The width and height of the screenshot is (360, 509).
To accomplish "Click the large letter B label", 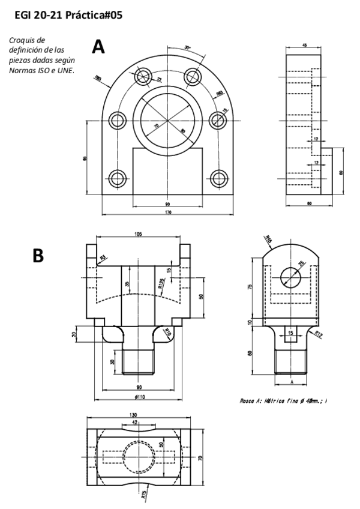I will (38, 256).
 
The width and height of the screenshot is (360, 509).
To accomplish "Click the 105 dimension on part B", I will (138, 235).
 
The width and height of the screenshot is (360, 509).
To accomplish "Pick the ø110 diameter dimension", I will (139, 397).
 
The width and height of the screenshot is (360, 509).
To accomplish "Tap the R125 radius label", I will (161, 284).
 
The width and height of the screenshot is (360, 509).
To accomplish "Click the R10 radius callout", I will (169, 332).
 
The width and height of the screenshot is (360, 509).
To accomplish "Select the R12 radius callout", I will (317, 333).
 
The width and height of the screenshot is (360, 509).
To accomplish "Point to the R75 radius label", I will (143, 493).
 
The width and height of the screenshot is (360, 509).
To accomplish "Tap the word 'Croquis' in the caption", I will (23, 40).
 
